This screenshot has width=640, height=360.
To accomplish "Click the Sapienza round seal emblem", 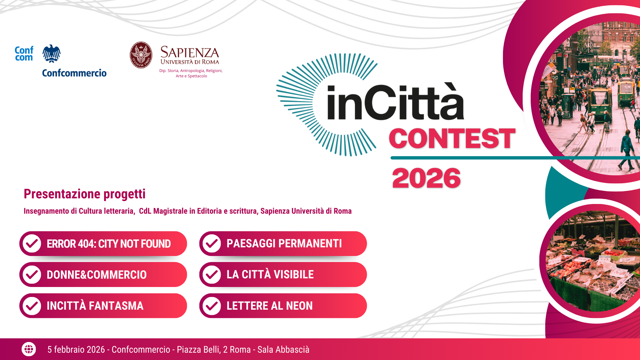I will pos(141,55).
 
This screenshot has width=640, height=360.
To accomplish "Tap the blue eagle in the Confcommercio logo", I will pos(51,53).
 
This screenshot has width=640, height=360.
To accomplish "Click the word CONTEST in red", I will pos(452,138).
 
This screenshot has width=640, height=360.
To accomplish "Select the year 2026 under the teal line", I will pos(426,178).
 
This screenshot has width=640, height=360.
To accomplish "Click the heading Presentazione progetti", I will pos(85,194).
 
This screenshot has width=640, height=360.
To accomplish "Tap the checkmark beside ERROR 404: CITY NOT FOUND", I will pos(32,244).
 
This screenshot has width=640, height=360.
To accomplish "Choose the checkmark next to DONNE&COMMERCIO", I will pos(32,275).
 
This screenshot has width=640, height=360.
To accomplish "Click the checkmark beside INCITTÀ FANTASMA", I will pos(32,306).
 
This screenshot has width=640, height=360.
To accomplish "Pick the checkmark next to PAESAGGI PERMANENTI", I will pos(212,244).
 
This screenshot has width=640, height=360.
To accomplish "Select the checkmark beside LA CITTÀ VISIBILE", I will pos(212,275).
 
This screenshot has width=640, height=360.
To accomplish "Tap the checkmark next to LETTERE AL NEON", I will pos(212,306).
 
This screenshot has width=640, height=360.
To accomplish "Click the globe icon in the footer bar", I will pos(29,349).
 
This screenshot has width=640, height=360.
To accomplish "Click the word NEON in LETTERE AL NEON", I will pos(299,306).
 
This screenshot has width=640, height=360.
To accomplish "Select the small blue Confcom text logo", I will pos(24,54).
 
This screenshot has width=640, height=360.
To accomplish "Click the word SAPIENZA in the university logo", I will pos(190,52).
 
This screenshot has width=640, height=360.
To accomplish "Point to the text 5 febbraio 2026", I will pos(76,350).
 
